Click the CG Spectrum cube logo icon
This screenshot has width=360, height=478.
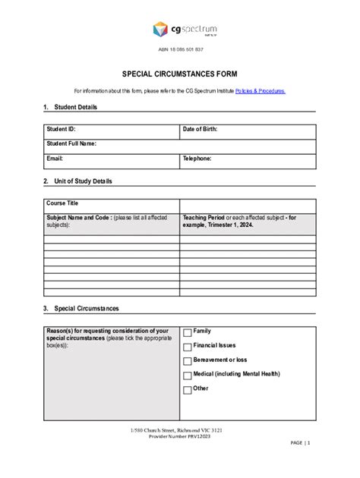(x=160, y=30)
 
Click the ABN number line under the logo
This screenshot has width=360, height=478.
(x=180, y=49)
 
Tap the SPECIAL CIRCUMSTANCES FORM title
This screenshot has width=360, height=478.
(x=180, y=74)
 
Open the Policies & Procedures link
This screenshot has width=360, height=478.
(x=261, y=91)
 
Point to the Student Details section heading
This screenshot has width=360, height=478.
(x=74, y=107)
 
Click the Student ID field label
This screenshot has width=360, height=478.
(x=61, y=129)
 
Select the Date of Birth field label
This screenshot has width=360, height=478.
(x=200, y=129)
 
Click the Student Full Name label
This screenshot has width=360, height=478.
(x=71, y=143)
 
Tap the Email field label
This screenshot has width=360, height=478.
(x=54, y=159)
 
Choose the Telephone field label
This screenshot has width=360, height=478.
(x=197, y=159)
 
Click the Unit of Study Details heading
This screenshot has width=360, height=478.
(x=82, y=181)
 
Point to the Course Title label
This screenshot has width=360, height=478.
(x=62, y=203)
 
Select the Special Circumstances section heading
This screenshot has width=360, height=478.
(x=85, y=309)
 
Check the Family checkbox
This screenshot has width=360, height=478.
(x=188, y=332)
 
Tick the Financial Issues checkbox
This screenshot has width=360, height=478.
(x=188, y=347)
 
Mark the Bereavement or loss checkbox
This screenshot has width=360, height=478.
(x=188, y=361)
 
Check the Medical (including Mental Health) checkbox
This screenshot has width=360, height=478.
(x=188, y=376)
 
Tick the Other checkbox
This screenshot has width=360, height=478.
(x=188, y=390)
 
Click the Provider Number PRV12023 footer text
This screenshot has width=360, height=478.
(x=180, y=437)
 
